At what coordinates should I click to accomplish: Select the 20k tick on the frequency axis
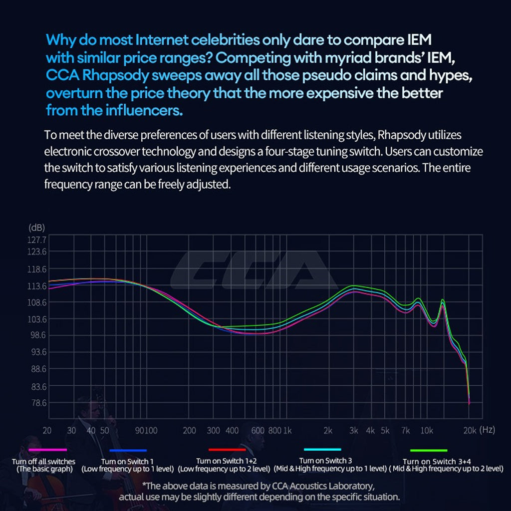469,431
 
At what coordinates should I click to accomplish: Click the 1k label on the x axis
287,431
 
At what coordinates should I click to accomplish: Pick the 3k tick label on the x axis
353,431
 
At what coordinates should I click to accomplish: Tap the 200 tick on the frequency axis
190,431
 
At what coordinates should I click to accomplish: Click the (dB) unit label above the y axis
37,227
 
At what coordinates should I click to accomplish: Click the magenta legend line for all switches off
47,450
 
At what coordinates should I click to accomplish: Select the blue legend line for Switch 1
127,450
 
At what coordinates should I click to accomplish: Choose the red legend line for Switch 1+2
227,450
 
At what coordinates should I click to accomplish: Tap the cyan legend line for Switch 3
322,449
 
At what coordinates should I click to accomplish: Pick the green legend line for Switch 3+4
428,450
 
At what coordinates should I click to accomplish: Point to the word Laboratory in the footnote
345,486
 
